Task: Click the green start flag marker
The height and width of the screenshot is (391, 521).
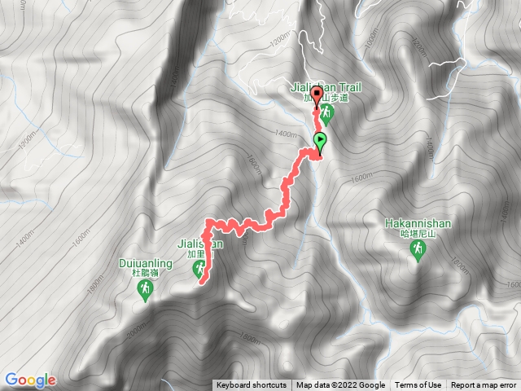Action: [x=320, y=141]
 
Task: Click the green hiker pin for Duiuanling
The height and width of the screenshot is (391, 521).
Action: [x=144, y=291]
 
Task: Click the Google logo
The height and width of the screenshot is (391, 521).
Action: [x=29, y=380]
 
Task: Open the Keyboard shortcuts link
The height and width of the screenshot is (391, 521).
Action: [x=251, y=385]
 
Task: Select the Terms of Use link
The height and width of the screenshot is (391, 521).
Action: [x=418, y=385]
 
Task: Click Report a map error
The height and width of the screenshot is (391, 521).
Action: [x=485, y=385]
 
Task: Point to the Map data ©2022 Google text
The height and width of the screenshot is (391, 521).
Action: [x=340, y=385]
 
